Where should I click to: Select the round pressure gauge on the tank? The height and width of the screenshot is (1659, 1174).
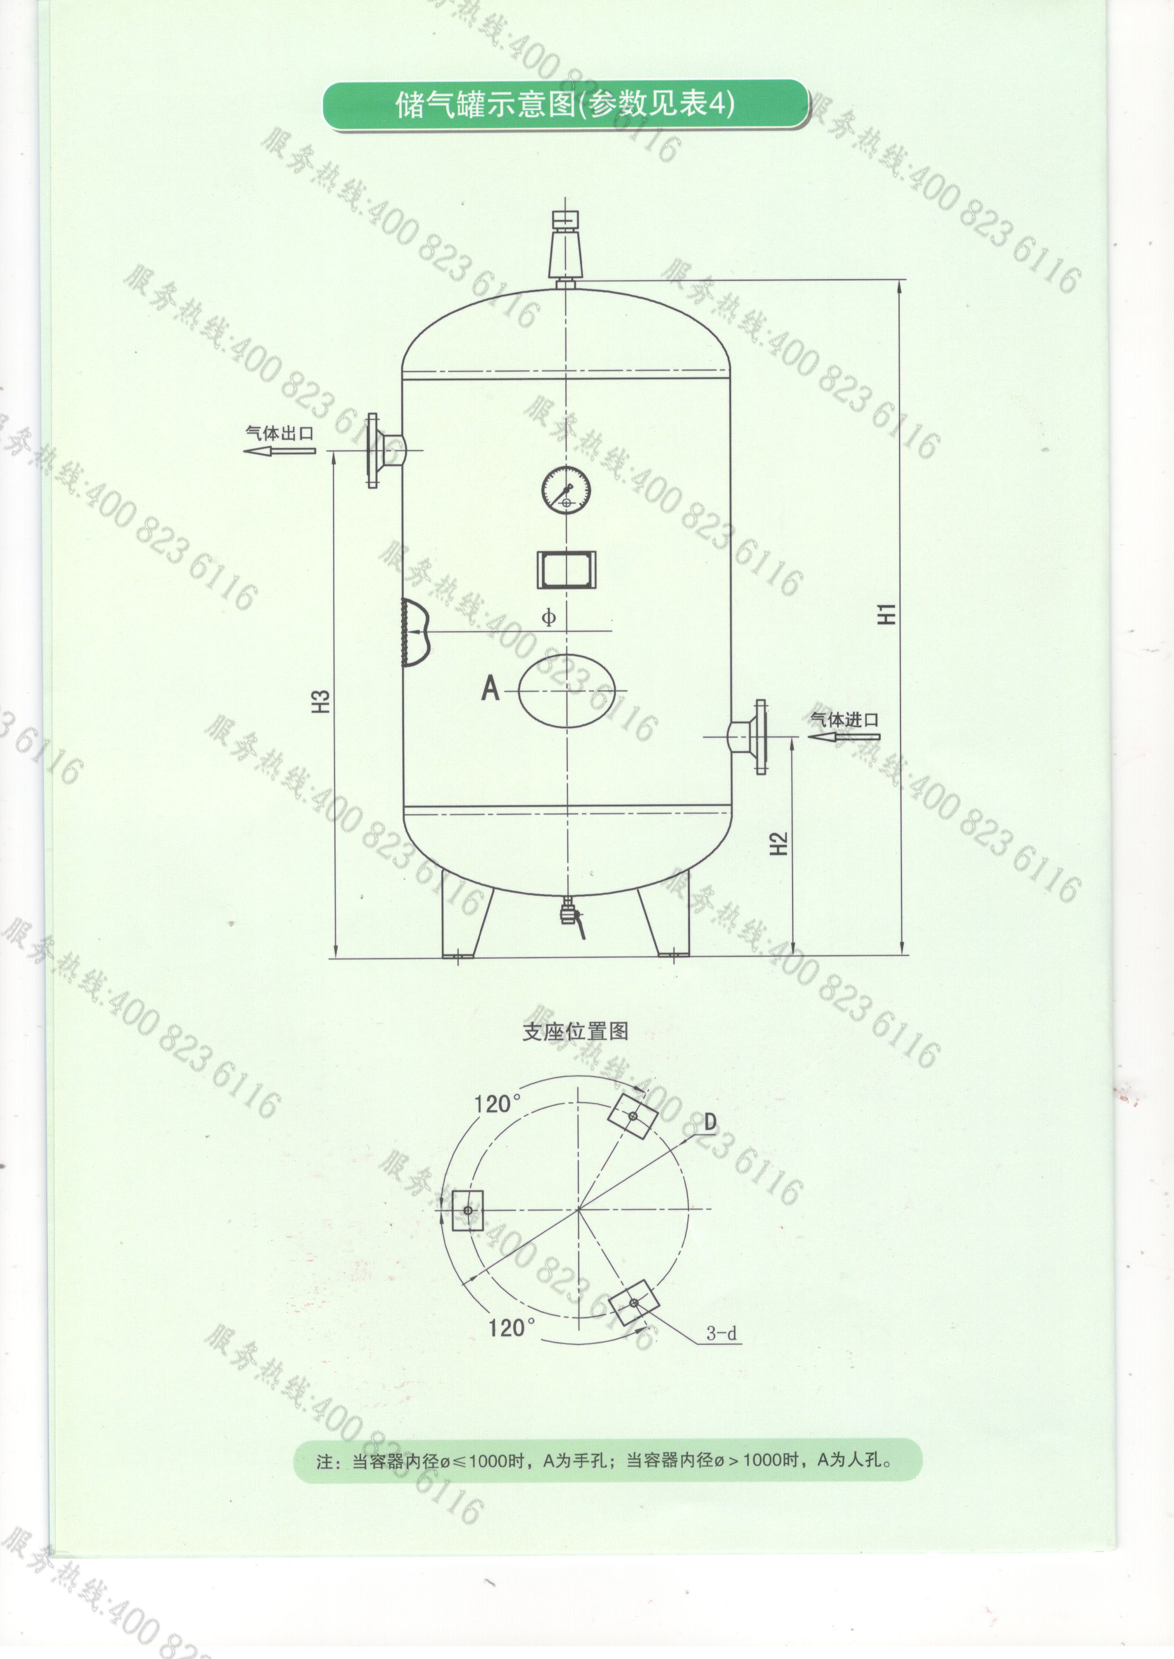(x=566, y=490)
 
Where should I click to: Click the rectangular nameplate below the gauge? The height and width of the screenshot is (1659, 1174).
(x=566, y=567)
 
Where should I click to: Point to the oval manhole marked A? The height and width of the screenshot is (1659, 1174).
(x=566, y=691)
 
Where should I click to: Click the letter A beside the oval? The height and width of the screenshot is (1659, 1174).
(x=491, y=689)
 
